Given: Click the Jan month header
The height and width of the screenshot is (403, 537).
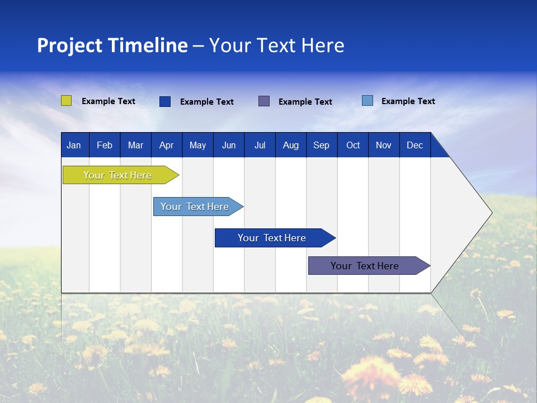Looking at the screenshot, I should pyautogui.click(x=74, y=145).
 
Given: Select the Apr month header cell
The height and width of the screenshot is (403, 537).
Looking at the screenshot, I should pyautogui.click(x=167, y=145).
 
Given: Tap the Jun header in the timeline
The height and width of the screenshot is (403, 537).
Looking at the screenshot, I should pyautogui.click(x=229, y=145).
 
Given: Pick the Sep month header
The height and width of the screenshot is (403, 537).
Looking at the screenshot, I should pyautogui.click(x=321, y=145).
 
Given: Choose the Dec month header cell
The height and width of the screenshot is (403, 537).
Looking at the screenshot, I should pyautogui.click(x=414, y=145).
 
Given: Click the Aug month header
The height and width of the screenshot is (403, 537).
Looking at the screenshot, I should pyautogui.click(x=291, y=145).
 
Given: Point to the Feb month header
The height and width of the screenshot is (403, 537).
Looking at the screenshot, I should pyautogui.click(x=105, y=145).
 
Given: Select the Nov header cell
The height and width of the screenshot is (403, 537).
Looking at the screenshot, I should pyautogui.click(x=384, y=145).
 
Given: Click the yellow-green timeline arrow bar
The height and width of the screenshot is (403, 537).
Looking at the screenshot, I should pyautogui.click(x=118, y=175).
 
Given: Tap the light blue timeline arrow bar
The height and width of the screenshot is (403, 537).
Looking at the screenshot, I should pyautogui.click(x=195, y=207).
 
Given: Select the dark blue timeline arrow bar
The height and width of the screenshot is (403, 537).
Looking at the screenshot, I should pyautogui.click(x=272, y=238).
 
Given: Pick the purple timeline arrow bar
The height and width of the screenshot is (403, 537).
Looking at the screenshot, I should pyautogui.click(x=365, y=266).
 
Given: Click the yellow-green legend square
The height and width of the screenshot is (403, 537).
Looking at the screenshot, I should pyautogui.click(x=67, y=101).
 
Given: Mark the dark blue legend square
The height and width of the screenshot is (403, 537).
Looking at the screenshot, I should pyautogui.click(x=165, y=101).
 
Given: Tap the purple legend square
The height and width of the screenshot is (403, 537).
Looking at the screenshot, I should pyautogui.click(x=264, y=101).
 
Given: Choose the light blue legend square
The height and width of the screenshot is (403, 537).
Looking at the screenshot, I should pyautogui.click(x=368, y=101).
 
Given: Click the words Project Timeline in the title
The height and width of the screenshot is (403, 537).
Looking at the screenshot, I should pyautogui.click(x=112, y=45).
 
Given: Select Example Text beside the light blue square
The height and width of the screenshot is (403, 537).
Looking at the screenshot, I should pyautogui.click(x=408, y=101).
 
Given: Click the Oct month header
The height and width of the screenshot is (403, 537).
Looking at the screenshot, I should pyautogui.click(x=353, y=145).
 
